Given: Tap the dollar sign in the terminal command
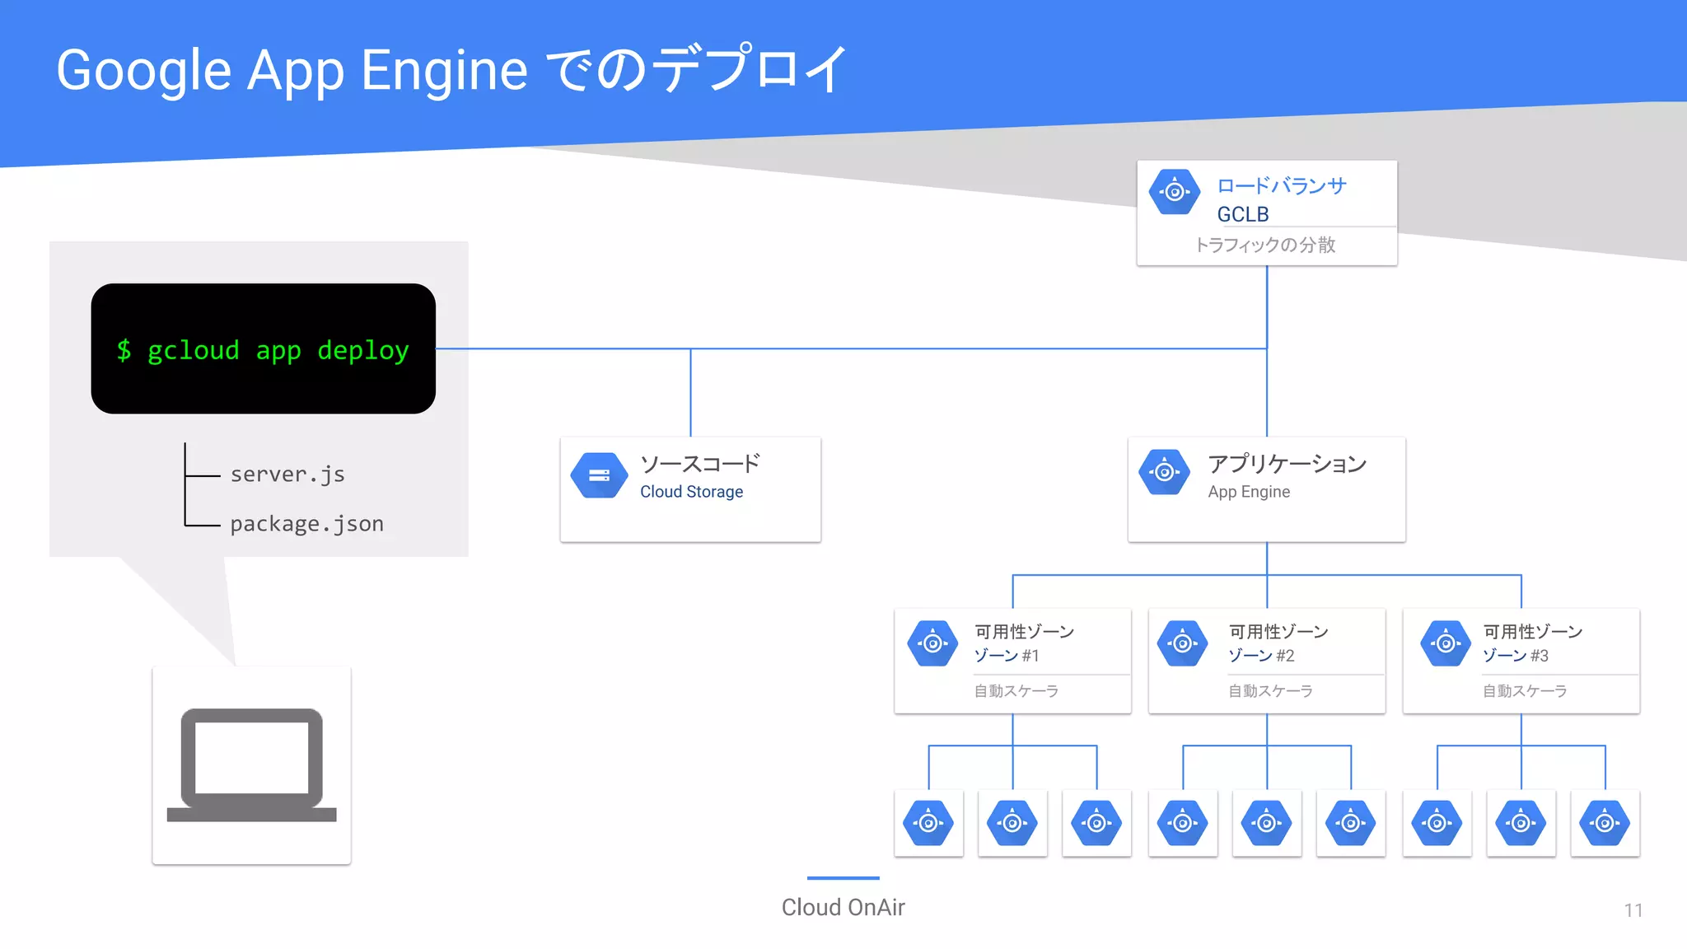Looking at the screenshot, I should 124,350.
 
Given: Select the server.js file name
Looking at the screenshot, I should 287,474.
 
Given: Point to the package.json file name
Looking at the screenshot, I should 306,524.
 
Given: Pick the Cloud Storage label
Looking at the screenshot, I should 691,492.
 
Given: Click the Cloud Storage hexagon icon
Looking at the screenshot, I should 599,475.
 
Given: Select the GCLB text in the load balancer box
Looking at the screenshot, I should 1242,214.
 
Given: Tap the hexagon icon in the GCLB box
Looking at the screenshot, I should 1175,192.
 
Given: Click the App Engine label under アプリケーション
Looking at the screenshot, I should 1249,492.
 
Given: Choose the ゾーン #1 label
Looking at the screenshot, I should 1006,656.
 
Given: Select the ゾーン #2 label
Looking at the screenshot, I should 1260,656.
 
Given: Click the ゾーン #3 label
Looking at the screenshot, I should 1515,656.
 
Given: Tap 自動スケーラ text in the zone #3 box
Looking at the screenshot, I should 1524,691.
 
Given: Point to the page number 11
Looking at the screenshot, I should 1633,910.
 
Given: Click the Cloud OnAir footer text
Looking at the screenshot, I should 843,908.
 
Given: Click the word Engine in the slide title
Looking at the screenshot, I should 444,71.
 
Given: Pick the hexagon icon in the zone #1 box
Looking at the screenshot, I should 932,643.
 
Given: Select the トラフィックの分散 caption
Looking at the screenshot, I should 1264,245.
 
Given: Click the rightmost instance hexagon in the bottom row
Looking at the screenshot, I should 1605,823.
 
